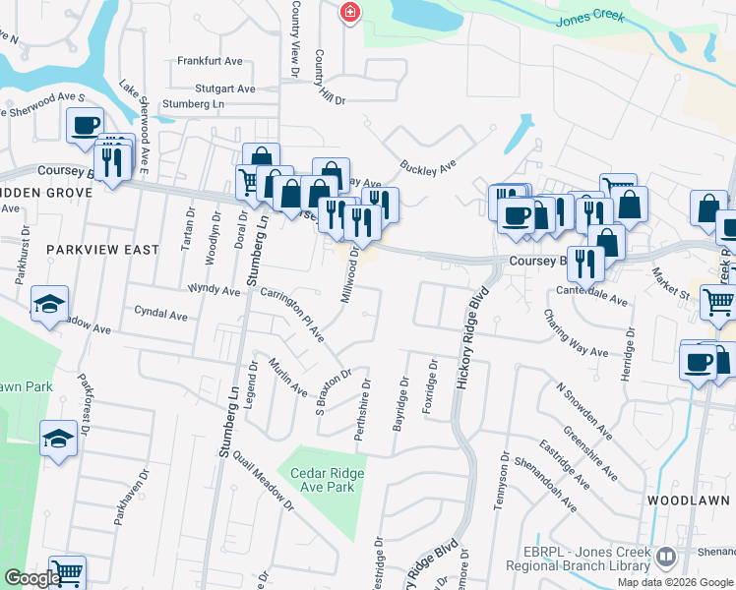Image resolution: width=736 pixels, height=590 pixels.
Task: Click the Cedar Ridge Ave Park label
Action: coord(328,480)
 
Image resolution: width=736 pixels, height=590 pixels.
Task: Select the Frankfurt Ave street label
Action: coord(210,61)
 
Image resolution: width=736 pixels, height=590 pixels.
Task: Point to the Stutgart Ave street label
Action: coord(204,87)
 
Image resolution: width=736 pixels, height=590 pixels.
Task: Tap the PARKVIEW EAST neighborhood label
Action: coord(102,250)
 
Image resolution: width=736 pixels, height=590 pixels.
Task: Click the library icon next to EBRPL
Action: coord(666,559)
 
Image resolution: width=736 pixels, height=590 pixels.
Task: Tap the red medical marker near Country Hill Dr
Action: coord(348,12)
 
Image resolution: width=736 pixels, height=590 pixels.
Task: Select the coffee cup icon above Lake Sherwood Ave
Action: coord(85,125)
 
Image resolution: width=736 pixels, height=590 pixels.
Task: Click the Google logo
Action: coord(31,577)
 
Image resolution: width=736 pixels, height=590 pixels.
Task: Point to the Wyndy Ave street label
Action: coord(214,291)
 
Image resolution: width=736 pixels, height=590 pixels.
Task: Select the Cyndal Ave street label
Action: coord(160,316)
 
